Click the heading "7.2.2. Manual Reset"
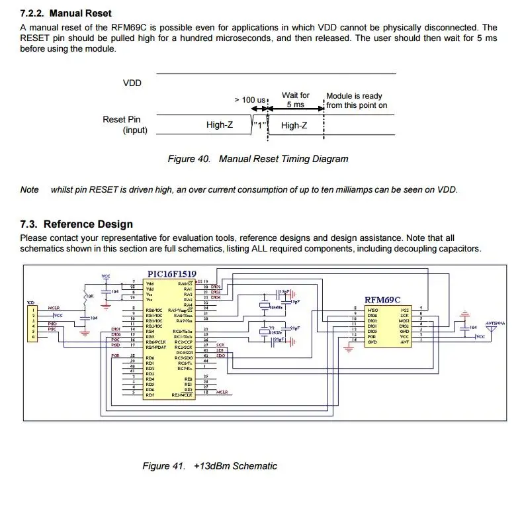pyautogui.click(x=66, y=13)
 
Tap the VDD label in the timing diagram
pyautogui.click(x=132, y=83)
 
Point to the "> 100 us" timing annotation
pyautogui.click(x=251, y=100)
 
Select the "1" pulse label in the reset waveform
pyautogui.click(x=259, y=124)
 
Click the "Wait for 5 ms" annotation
pyautogui.click(x=295, y=100)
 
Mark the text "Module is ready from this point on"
pyautogui.click(x=356, y=101)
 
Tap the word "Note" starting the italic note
pyautogui.click(x=30, y=190)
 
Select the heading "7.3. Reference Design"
pyautogui.click(x=77, y=224)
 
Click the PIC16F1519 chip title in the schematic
pyautogui.click(x=171, y=273)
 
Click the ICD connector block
pyautogui.click(x=30, y=321)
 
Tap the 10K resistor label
pyautogui.click(x=91, y=296)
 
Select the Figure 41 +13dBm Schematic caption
pyautogui.click(x=210, y=466)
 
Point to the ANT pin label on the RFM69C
pyautogui.click(x=404, y=342)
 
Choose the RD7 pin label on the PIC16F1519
pyautogui.click(x=150, y=395)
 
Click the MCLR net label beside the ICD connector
pyautogui.click(x=54, y=308)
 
